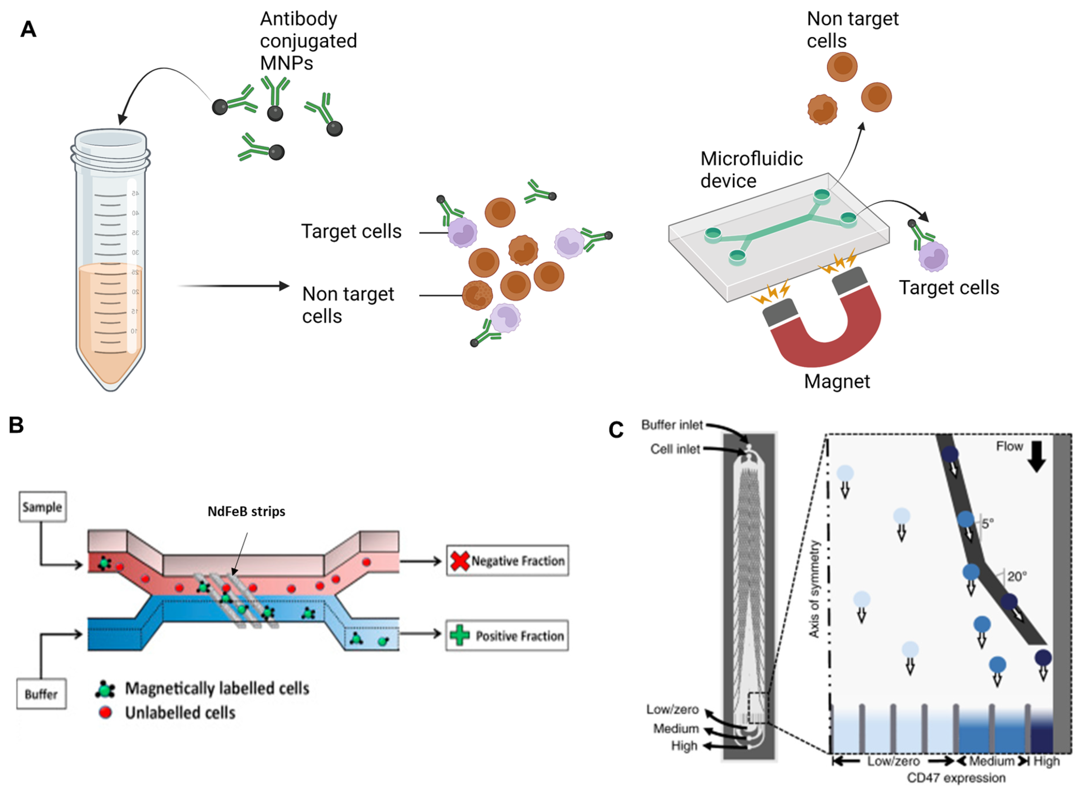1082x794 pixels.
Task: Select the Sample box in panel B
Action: pyautogui.click(x=42, y=507)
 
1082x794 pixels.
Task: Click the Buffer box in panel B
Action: pyautogui.click(x=41, y=694)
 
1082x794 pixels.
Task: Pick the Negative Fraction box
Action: pyautogui.click(x=507, y=561)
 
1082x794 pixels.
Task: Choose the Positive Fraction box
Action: pyautogui.click(x=507, y=636)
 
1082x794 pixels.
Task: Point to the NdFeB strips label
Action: pyautogui.click(x=246, y=512)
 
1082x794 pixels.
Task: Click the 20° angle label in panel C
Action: pyautogui.click(x=1017, y=576)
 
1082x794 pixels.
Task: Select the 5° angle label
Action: pyautogui.click(x=987, y=523)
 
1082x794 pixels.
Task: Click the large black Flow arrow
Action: pyautogui.click(x=1036, y=456)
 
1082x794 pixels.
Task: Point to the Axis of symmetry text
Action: pyautogui.click(x=814, y=589)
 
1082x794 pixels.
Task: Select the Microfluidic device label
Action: pyautogui.click(x=751, y=170)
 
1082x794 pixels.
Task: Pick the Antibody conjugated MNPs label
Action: pyautogui.click(x=308, y=41)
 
